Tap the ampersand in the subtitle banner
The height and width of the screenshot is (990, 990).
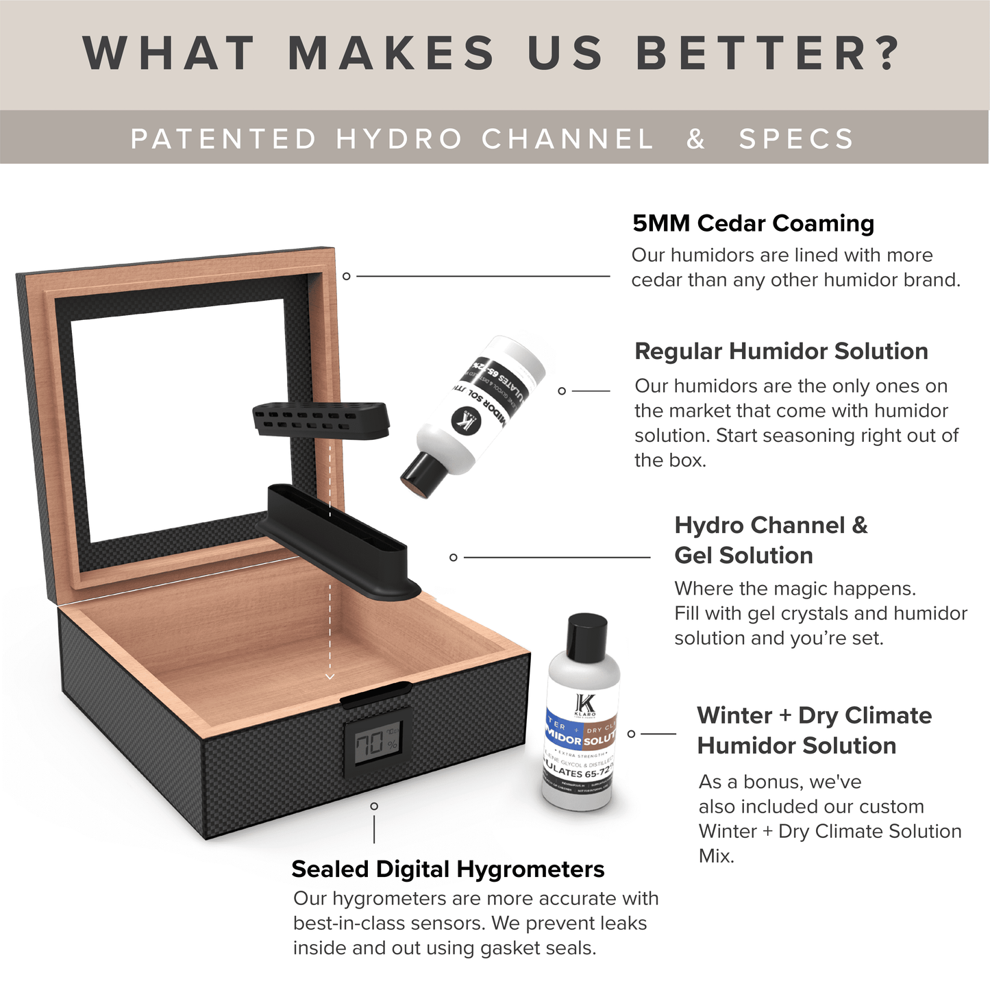[x=695, y=139]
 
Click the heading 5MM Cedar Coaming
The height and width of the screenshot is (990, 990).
[x=753, y=223]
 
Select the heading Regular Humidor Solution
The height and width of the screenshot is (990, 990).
[x=781, y=351]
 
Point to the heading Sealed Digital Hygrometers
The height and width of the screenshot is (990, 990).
[x=448, y=869]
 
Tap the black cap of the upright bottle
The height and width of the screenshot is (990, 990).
[x=587, y=633]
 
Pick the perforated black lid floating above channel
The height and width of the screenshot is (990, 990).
[x=321, y=420]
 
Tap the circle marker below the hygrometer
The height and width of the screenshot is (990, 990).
[x=374, y=806]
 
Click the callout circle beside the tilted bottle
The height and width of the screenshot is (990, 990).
[x=562, y=391]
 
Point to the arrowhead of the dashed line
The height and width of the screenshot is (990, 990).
[x=330, y=676]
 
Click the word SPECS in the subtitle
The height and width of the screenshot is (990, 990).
[x=796, y=139]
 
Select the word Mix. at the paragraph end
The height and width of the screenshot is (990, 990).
[x=716, y=856]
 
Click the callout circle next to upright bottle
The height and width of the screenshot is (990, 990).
[x=631, y=734]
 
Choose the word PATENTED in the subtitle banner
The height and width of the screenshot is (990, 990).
[x=223, y=139]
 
